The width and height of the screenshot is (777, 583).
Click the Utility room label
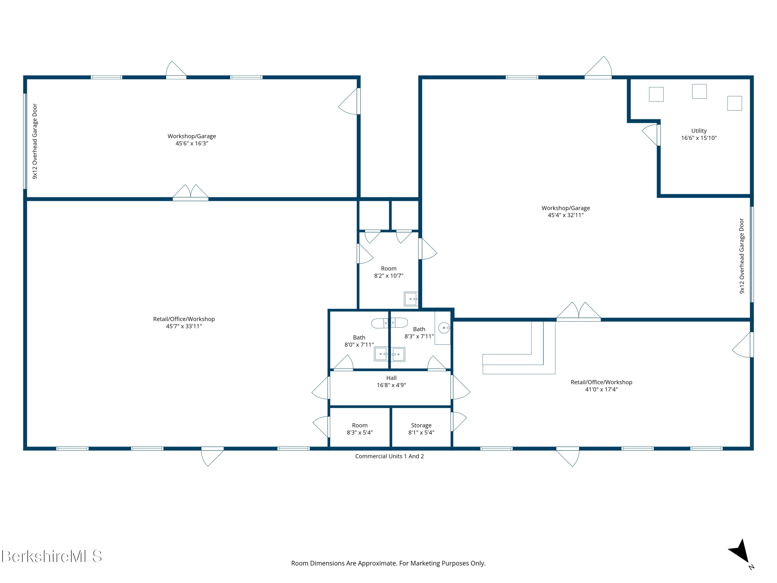click(699, 131)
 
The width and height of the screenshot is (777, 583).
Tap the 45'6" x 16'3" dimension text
click(192, 143)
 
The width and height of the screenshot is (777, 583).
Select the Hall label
click(391, 378)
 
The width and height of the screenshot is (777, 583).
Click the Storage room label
click(421, 425)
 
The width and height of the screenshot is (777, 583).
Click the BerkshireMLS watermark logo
click(52, 557)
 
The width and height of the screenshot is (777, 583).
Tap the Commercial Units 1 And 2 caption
click(389, 456)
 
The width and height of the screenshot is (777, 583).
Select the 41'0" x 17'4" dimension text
click(601, 389)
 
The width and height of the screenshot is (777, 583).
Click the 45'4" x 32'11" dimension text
click(566, 215)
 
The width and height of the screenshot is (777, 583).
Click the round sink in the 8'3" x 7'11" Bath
click(444, 328)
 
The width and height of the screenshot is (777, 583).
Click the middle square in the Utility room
click(699, 91)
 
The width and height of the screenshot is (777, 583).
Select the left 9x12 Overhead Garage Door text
click(35, 141)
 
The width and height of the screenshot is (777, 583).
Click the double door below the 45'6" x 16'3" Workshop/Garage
click(190, 193)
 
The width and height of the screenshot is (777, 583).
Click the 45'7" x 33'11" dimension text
click(184, 326)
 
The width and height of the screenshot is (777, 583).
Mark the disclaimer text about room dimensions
click(388, 563)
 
